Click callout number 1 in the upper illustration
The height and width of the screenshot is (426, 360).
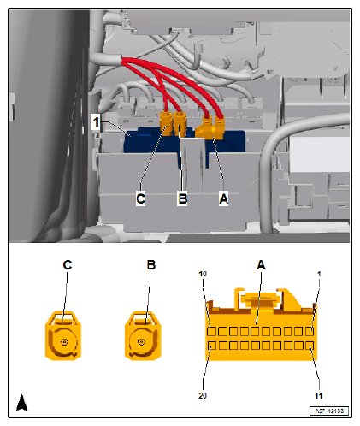point(96,122)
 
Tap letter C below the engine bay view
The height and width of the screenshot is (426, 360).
point(140,198)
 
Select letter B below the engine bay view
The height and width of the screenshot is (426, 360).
point(182,198)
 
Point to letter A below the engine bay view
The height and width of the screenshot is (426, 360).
point(224,198)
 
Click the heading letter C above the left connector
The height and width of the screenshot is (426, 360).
point(68,265)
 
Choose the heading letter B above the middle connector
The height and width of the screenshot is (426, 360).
point(151,265)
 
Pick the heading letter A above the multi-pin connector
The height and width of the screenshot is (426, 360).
point(261,265)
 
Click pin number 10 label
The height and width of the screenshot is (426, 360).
point(203,274)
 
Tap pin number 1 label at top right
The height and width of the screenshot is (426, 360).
point(319,274)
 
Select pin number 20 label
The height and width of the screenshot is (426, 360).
point(203,396)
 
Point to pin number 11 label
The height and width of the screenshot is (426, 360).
point(319,396)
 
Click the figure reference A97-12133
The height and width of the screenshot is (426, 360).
point(329,411)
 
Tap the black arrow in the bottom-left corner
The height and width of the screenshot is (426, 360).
point(22,403)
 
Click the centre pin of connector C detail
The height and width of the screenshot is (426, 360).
point(64,341)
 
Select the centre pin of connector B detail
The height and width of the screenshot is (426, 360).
point(141,341)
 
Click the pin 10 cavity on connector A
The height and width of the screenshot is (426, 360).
point(211,331)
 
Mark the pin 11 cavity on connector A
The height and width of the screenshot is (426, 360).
point(310,346)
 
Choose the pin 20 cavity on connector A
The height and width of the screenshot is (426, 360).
point(212,346)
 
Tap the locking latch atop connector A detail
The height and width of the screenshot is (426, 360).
point(260,299)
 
